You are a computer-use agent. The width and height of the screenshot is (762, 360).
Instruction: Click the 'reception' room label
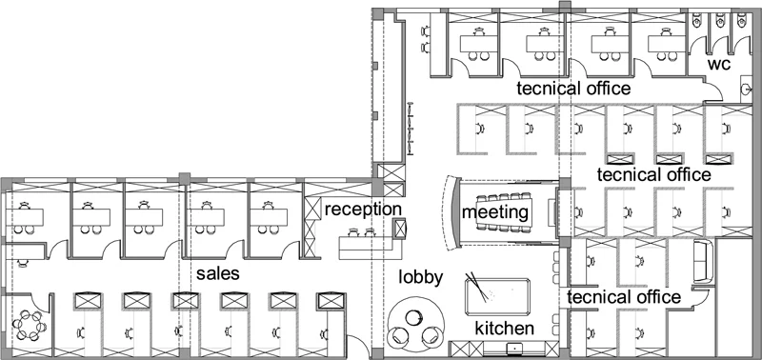coord(363,210)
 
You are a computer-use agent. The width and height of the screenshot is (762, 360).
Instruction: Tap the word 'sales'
coord(218,273)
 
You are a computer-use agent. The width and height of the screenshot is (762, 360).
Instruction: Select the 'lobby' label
coord(421,277)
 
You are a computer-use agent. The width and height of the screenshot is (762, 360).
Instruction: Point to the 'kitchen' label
coord(505,329)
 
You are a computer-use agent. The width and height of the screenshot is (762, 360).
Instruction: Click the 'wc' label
coord(719,64)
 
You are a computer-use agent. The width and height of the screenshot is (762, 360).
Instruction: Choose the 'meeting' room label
coord(494,212)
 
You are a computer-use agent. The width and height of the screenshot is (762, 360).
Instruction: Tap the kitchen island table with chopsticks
coord(497,297)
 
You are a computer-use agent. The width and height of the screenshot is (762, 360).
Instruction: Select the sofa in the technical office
coord(703,261)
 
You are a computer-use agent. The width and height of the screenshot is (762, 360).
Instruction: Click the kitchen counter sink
coord(514,348)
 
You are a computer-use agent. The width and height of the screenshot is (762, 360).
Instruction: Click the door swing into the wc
coord(716,91)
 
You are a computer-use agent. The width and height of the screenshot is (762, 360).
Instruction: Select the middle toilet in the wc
coord(720,19)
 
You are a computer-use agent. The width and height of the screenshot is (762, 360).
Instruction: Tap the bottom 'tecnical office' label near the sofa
coord(624,296)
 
